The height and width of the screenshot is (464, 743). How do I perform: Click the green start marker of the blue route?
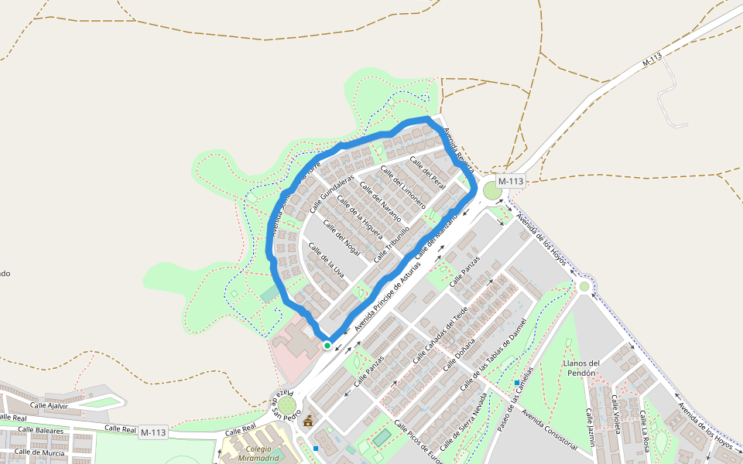click(x=327, y=345)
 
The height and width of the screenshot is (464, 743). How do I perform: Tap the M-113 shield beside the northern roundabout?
click(x=511, y=181)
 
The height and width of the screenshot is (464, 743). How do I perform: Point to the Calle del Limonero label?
click(x=404, y=189)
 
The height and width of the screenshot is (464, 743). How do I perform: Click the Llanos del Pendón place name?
click(x=582, y=368)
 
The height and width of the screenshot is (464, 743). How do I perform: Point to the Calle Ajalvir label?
click(x=50, y=405)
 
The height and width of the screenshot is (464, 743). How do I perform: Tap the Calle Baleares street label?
click(x=40, y=430)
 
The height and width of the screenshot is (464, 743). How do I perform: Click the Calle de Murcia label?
click(x=39, y=452)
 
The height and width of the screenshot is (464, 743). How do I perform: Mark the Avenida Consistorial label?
click(x=549, y=428)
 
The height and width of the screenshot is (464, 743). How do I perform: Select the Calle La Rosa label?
click(x=644, y=430)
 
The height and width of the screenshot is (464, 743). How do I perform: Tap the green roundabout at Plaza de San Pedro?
click(x=286, y=404)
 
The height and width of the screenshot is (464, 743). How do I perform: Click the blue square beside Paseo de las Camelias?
click(x=516, y=382)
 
